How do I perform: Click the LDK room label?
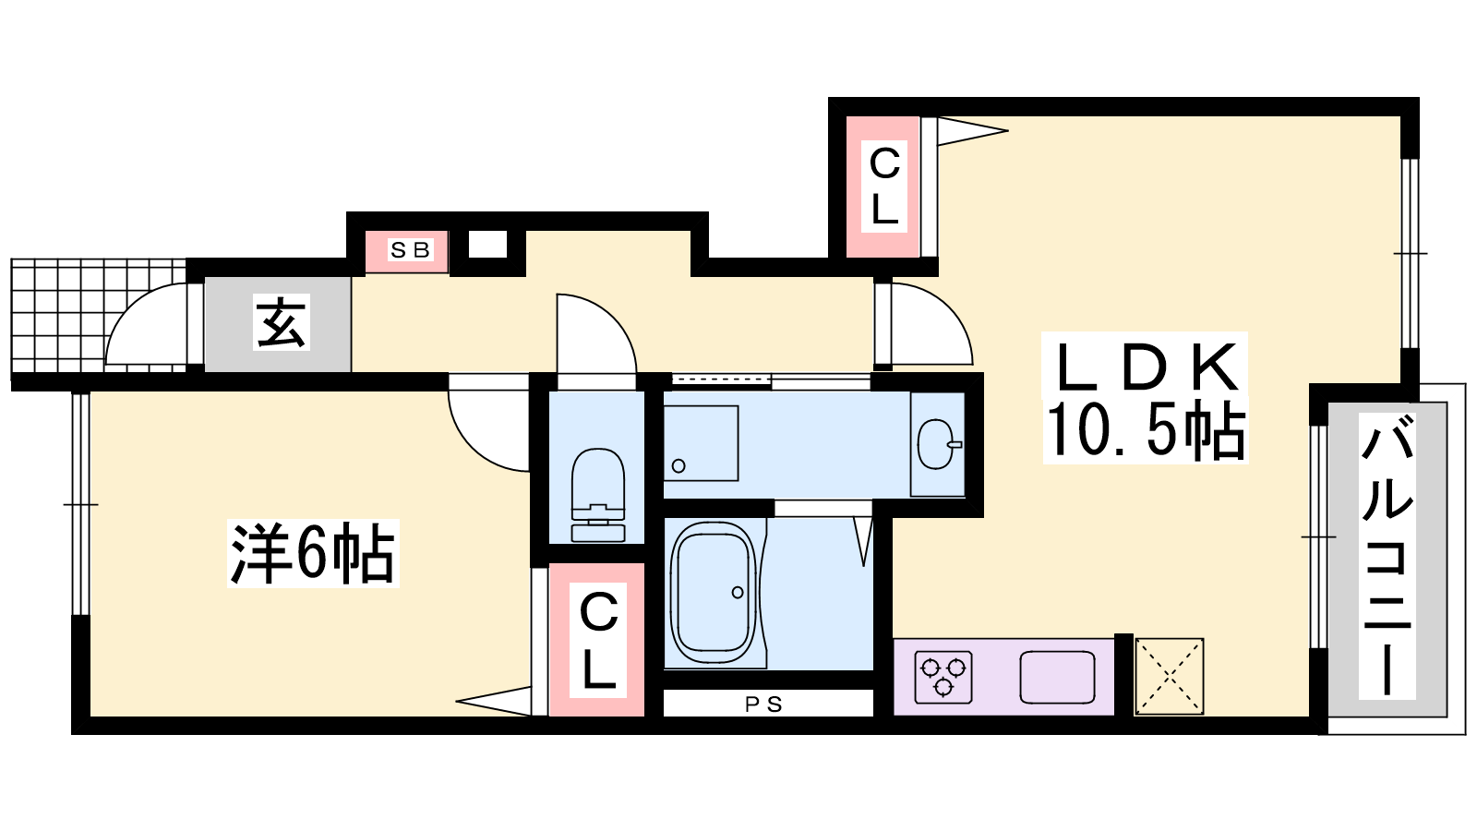pyautogui.click(x=1146, y=368)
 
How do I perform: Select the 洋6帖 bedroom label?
pyautogui.click(x=313, y=553)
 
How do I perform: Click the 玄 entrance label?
pyautogui.click(x=282, y=322)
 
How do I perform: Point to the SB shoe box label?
pyautogui.click(x=410, y=250)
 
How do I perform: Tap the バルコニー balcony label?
pyautogui.click(x=1387, y=555)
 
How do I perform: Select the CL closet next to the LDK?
pyautogui.click(x=883, y=187)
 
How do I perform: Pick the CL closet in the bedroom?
pyautogui.click(x=597, y=639)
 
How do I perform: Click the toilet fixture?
pyautogui.click(x=597, y=495)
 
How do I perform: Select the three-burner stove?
pyautogui.click(x=943, y=677)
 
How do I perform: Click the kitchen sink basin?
pyautogui.click(x=1057, y=678)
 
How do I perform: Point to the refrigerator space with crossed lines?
pyautogui.click(x=1169, y=676)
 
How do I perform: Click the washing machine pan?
pyautogui.click(x=701, y=443)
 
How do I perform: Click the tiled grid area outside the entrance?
pyautogui.click(x=99, y=316)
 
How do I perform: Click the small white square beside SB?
pyautogui.click(x=488, y=245)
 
